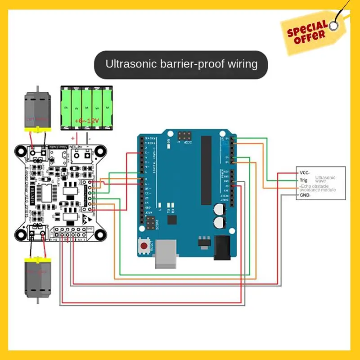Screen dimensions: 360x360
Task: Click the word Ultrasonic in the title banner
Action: point(131,63)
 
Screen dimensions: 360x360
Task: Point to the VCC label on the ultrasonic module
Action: point(304,172)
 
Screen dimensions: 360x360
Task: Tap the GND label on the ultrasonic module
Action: point(305,196)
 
